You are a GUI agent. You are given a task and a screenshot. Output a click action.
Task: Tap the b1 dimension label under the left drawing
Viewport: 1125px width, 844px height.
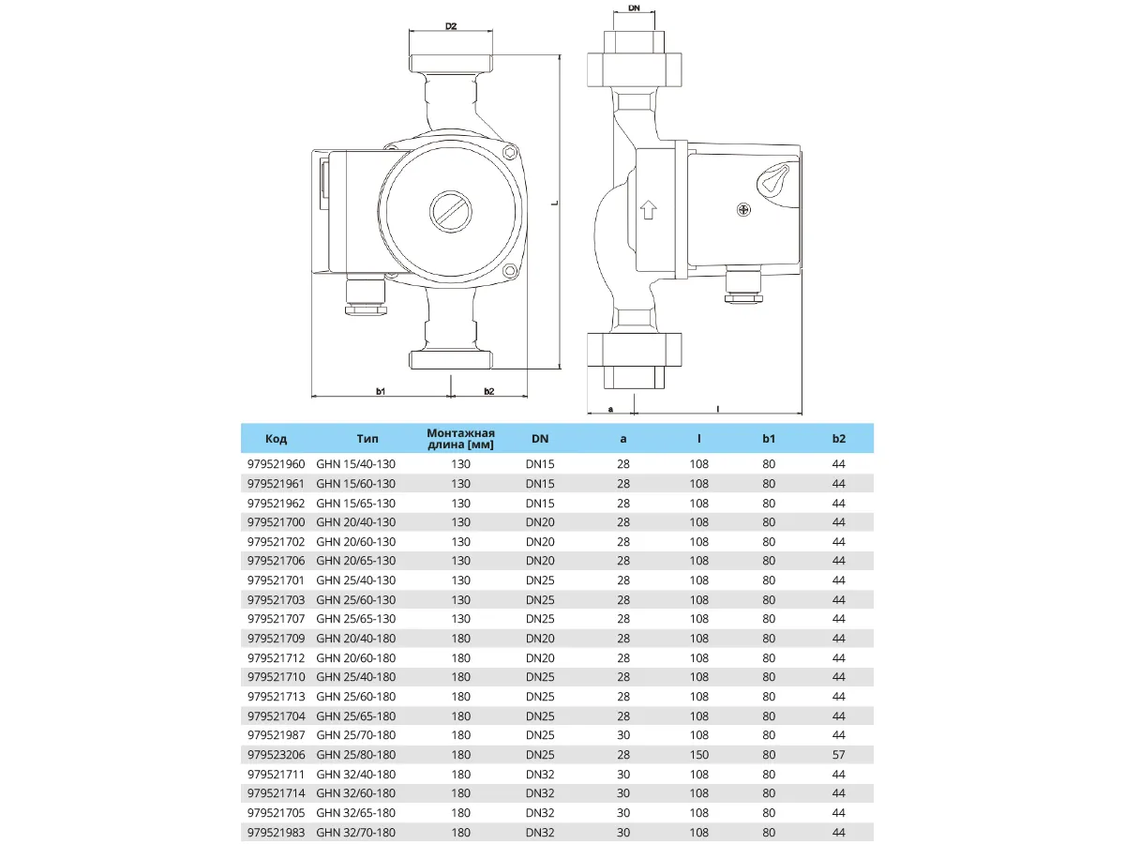coord(381,389)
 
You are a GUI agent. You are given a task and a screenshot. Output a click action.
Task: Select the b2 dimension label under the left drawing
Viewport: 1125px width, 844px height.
coord(488,389)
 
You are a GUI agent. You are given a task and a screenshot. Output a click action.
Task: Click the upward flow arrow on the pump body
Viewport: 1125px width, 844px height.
coord(647,208)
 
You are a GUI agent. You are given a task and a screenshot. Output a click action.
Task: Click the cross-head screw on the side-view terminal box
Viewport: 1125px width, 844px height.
coord(744,209)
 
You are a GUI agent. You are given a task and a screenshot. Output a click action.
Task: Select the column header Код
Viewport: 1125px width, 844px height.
coord(276,438)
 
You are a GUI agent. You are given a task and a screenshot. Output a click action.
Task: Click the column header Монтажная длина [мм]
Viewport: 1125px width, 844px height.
coord(460,438)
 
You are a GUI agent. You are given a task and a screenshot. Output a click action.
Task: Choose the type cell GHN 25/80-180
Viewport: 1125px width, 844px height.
coord(355,755)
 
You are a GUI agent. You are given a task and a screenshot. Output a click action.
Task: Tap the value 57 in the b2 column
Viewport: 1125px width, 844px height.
coord(838,755)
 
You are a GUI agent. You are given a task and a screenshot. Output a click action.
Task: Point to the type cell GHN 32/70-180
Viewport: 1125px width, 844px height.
coord(355,832)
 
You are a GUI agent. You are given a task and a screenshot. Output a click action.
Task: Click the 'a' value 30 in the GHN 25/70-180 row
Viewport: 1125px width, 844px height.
coord(623,735)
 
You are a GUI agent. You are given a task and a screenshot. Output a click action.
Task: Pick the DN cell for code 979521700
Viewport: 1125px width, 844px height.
coord(540,522)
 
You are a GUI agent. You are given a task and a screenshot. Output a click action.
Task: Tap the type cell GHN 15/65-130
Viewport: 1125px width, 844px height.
coord(355,503)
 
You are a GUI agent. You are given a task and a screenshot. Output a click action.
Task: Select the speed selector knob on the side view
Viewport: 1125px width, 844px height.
coord(774,178)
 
